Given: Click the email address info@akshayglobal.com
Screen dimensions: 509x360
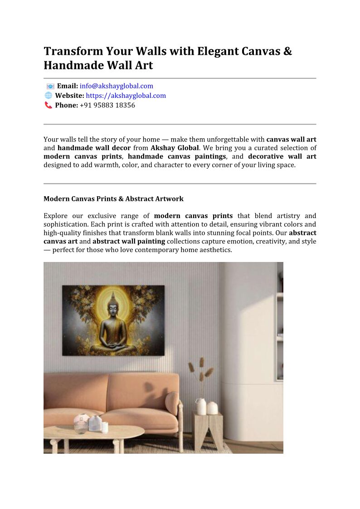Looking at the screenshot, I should (x=117, y=86).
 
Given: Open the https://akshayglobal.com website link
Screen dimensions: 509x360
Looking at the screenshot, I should (x=126, y=96).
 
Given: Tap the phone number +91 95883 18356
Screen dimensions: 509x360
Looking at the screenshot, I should (x=107, y=105).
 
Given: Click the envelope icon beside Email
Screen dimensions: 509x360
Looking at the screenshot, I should (x=50, y=86).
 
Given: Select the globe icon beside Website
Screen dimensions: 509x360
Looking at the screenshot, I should (x=48, y=96).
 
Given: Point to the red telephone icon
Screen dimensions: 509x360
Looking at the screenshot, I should (x=48, y=105).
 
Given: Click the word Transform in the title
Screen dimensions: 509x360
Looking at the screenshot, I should (x=73, y=51).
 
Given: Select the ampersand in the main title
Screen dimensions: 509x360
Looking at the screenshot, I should (x=287, y=51).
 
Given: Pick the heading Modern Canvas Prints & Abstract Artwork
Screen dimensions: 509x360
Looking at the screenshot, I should (x=113, y=199).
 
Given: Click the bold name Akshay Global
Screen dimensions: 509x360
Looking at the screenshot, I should (x=175, y=148).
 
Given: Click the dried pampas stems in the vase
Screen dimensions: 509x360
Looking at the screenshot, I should (x=201, y=372).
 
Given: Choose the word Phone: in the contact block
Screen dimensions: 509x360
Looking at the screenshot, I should (x=67, y=105).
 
